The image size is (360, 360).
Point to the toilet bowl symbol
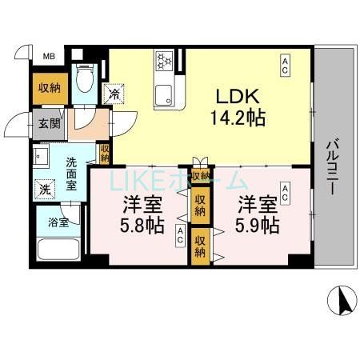tap(83, 80)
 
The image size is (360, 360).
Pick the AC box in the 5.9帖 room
tap(285, 190)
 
